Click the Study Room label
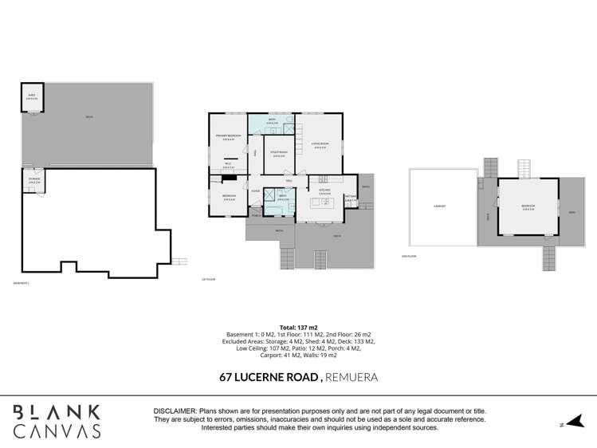(279, 154)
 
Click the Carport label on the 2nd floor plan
(439, 206)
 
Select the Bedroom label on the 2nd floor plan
(528, 206)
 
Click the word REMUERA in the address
(351, 376)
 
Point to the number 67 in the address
(229, 376)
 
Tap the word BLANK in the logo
(57, 412)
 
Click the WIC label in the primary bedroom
(228, 166)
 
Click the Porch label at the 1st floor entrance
(255, 214)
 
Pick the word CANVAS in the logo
(57, 431)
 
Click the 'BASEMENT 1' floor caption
(22, 283)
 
